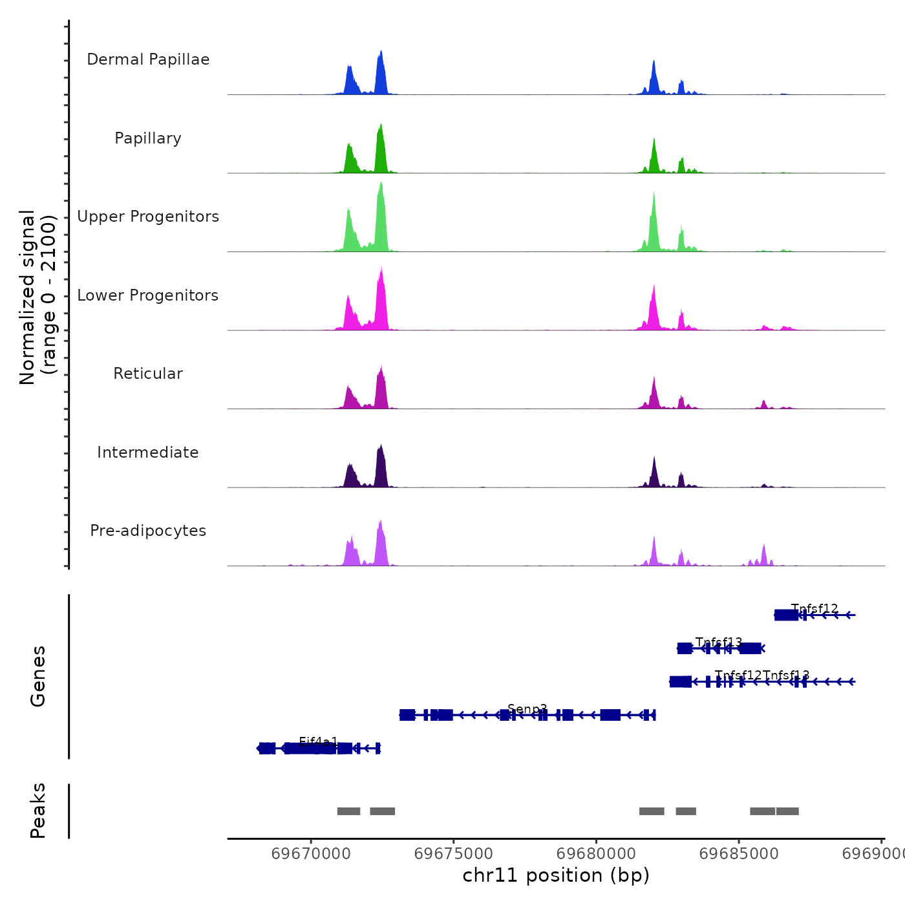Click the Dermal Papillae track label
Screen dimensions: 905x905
click(x=148, y=59)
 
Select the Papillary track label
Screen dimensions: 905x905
click(x=148, y=138)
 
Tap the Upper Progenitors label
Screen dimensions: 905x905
click(x=148, y=217)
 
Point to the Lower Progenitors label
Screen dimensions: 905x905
click(x=148, y=295)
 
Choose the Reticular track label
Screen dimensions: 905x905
click(x=148, y=374)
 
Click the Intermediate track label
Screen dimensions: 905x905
click(x=148, y=452)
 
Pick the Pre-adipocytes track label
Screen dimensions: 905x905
click(x=148, y=531)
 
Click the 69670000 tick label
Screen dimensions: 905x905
click(x=311, y=854)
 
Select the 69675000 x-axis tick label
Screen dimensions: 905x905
click(x=454, y=854)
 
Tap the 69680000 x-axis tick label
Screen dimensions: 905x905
click(x=597, y=854)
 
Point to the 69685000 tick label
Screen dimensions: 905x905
click(x=740, y=854)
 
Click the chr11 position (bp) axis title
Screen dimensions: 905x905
click(x=556, y=876)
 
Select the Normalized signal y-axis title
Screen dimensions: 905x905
click(x=37, y=297)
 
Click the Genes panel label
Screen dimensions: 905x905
click(x=38, y=676)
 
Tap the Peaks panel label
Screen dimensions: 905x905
click(x=38, y=811)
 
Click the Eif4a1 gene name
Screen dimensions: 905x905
click(x=318, y=741)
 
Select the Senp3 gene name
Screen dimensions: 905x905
click(x=527, y=708)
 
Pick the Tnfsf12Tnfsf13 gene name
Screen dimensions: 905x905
click(x=762, y=676)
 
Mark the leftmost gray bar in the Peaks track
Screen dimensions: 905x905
click(x=348, y=811)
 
